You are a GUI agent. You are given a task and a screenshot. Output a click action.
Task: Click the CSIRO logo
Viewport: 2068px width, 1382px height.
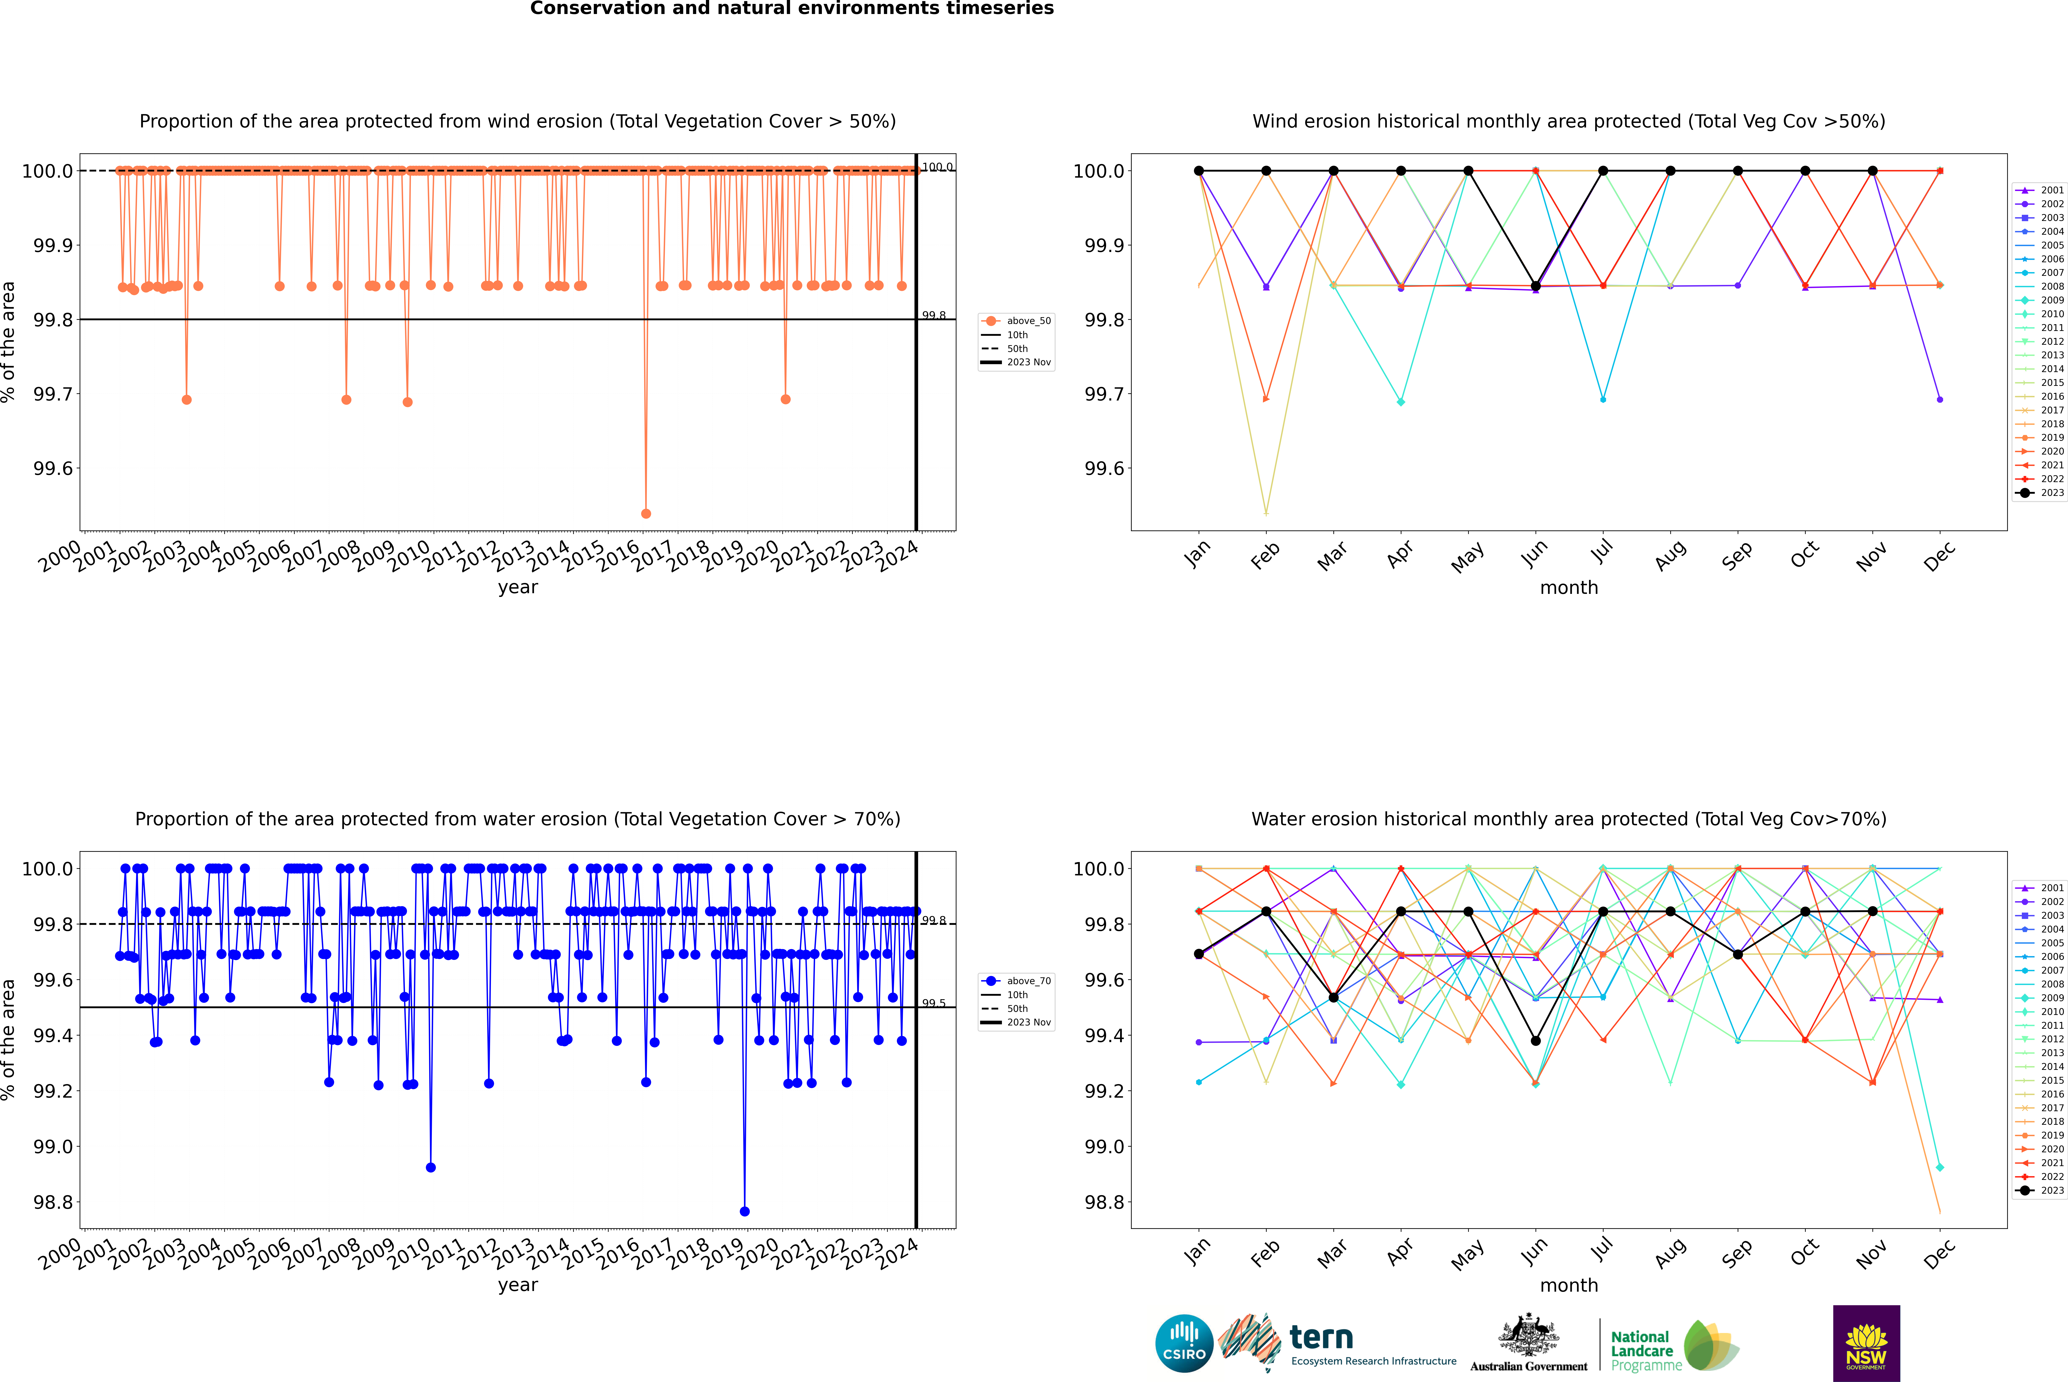pyautogui.click(x=1184, y=1343)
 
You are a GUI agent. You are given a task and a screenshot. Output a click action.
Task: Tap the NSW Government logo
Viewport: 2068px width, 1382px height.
pyautogui.click(x=1866, y=1343)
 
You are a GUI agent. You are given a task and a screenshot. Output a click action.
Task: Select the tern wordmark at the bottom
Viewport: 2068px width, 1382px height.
pyautogui.click(x=1320, y=1338)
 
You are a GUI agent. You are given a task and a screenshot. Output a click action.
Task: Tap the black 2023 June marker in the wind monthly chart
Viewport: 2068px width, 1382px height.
pyautogui.click(x=1536, y=287)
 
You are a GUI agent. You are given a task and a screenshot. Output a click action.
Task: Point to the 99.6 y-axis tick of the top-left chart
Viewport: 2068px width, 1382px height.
pyautogui.click(x=53, y=468)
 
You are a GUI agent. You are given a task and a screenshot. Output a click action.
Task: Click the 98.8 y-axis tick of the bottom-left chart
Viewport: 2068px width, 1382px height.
pyautogui.click(x=53, y=1202)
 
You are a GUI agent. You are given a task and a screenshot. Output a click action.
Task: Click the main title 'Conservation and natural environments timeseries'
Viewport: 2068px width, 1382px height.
pyautogui.click(x=791, y=9)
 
